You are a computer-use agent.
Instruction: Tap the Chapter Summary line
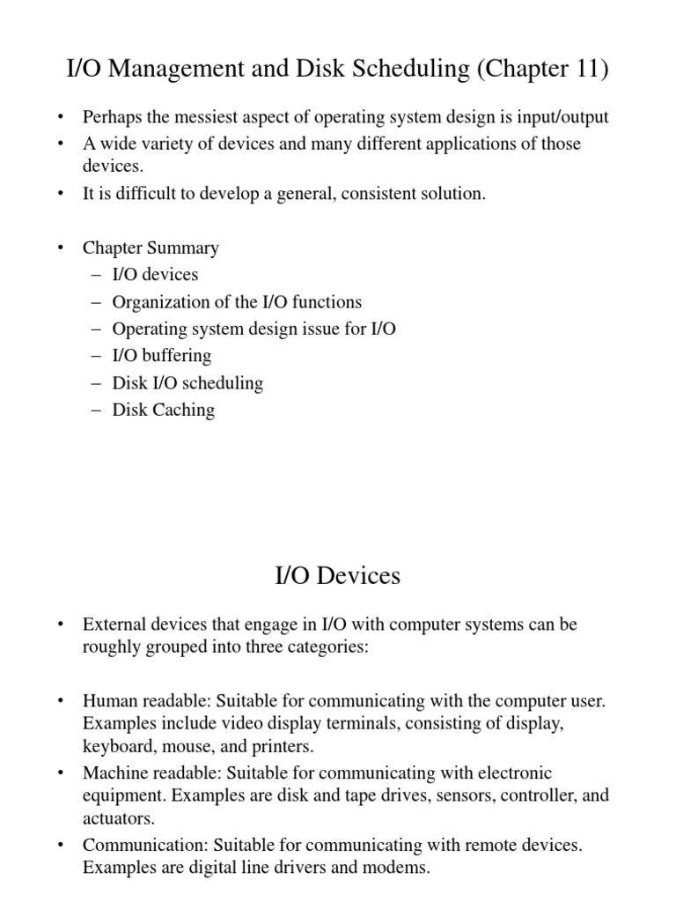coord(151,248)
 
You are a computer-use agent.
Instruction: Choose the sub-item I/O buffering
coord(162,355)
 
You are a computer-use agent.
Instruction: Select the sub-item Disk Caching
coord(163,410)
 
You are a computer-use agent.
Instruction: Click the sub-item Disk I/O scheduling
coord(187,382)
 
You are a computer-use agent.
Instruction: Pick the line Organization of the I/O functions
coord(237,301)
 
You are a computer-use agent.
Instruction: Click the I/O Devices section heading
coord(338,576)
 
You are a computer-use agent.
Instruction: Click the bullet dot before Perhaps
coord(60,117)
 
